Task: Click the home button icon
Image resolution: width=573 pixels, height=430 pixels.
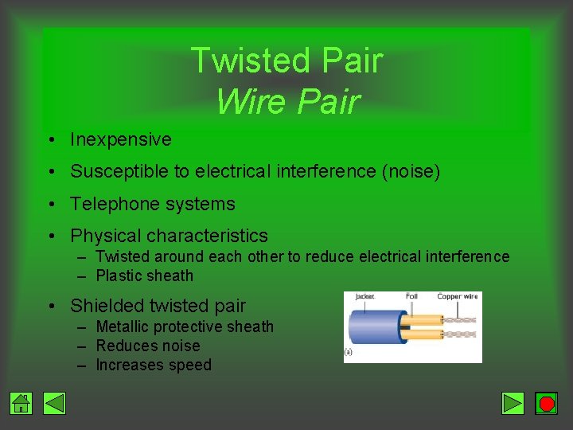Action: click(x=21, y=404)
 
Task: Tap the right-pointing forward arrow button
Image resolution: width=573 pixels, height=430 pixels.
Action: click(x=513, y=404)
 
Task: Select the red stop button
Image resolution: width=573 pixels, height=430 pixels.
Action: click(x=546, y=404)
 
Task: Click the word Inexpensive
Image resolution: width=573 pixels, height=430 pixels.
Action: click(x=120, y=139)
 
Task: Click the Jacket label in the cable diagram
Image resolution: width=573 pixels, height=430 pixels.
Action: click(x=364, y=296)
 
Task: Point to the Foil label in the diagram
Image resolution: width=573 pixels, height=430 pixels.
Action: click(x=411, y=296)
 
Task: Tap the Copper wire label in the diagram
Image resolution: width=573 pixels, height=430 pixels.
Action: click(x=457, y=296)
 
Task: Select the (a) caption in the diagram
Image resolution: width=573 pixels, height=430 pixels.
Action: click(x=349, y=351)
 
